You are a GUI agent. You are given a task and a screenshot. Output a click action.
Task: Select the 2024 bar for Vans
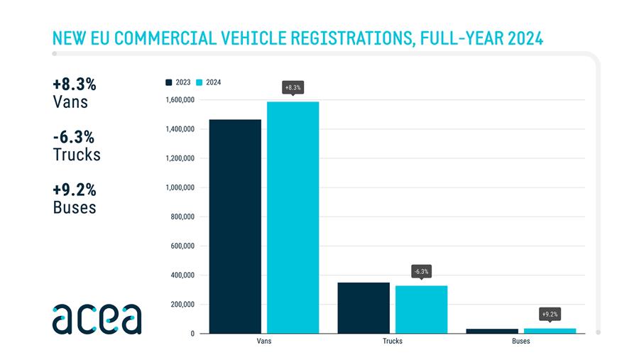point(293,217)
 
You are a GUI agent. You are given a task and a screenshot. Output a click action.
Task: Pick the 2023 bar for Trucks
point(364,307)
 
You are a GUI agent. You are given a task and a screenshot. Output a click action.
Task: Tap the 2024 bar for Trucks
point(421,309)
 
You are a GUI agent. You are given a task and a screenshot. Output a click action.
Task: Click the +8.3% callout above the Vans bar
point(293,87)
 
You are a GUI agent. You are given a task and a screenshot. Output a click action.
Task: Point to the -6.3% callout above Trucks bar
point(421,271)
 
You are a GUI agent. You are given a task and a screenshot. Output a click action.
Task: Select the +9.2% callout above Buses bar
point(550,314)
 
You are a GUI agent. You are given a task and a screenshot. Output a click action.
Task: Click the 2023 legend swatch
point(169,82)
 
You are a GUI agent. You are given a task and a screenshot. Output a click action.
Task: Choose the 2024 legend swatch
point(200,82)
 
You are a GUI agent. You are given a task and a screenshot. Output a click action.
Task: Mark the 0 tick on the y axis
point(192,334)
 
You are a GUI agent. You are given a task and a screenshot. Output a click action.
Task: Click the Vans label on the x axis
point(263,342)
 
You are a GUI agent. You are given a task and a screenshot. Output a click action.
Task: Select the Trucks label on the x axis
point(392,342)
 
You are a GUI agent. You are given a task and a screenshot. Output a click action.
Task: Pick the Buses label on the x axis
point(520,342)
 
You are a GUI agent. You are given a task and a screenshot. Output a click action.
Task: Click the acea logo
point(97,317)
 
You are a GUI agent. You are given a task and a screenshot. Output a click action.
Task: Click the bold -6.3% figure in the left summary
point(74,136)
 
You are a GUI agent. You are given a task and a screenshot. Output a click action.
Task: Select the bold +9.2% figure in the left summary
point(74,190)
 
